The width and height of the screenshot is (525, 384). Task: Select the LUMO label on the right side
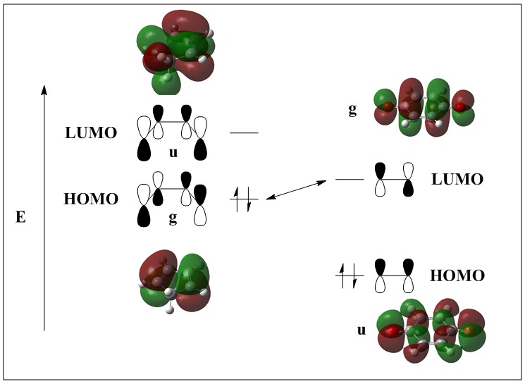[x=457, y=180]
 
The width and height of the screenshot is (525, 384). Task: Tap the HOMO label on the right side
[x=457, y=275]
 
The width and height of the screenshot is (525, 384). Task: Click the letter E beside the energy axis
[x=20, y=218]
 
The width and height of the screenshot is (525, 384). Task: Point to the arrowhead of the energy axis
[x=44, y=89]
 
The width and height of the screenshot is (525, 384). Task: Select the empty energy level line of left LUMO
[x=244, y=132]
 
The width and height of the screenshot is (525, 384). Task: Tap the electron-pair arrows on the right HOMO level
[x=349, y=275]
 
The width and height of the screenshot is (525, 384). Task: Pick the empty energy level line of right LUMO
[x=349, y=180]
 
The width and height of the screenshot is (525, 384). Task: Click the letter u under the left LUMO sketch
[x=173, y=151]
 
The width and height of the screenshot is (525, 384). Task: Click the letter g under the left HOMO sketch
[x=173, y=219]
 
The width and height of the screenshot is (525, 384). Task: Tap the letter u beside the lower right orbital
[x=362, y=329]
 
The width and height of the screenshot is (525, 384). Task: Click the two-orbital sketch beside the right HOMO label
[x=395, y=275]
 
